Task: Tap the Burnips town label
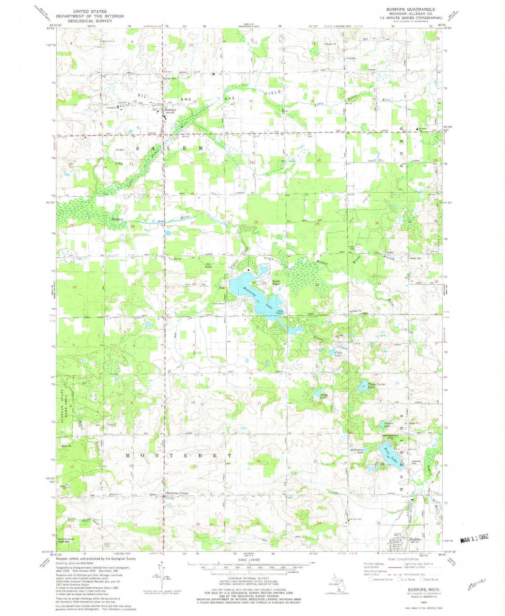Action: point(170,110)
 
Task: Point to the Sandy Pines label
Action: point(276,282)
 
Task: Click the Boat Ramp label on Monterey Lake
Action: point(280,312)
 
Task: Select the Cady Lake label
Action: point(338,354)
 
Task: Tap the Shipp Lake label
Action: point(324,396)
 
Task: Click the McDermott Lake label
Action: point(358,451)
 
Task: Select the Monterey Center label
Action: point(177,493)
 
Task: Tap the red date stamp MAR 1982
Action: point(474,539)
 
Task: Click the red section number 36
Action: point(317,285)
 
